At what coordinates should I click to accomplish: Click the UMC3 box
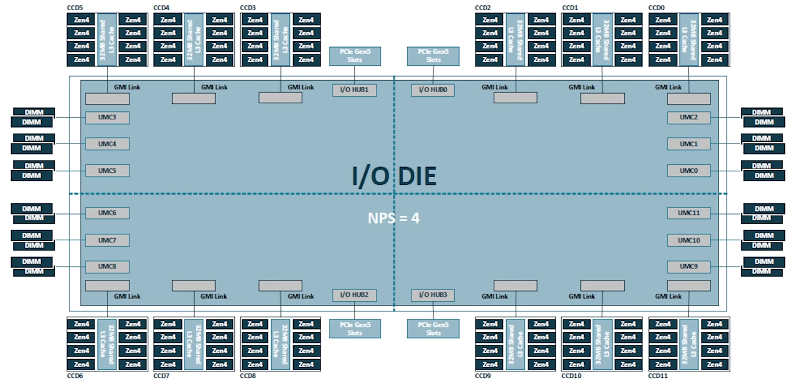(x=107, y=117)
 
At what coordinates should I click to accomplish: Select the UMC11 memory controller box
(x=688, y=213)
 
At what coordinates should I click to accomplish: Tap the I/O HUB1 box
(x=354, y=90)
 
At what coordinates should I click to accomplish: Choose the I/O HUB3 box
(x=433, y=295)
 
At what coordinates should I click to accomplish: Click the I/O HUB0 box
(x=433, y=90)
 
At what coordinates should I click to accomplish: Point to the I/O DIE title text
(x=394, y=176)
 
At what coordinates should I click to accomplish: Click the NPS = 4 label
(x=394, y=218)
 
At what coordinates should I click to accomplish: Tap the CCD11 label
(x=658, y=376)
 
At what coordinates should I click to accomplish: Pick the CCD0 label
(x=657, y=8)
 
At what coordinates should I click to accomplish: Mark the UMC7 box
(x=107, y=240)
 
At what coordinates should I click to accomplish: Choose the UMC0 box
(x=688, y=171)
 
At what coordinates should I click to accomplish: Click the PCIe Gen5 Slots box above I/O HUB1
(x=355, y=56)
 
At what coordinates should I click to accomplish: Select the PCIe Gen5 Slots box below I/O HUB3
(x=433, y=329)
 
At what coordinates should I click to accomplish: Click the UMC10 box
(x=688, y=240)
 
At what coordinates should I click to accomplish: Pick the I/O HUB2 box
(x=354, y=295)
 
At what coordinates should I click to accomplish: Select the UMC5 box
(x=107, y=171)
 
